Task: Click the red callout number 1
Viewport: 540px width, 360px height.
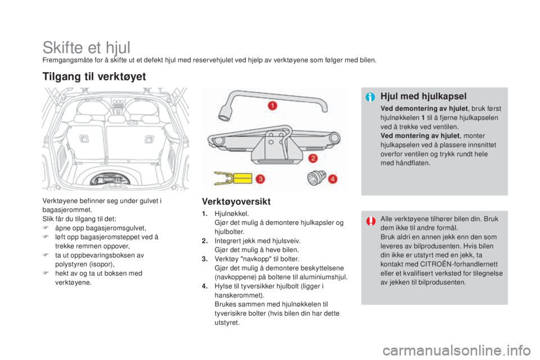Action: point(272,105)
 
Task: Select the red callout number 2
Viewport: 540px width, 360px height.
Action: point(312,158)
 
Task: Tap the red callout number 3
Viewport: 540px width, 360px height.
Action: point(259,179)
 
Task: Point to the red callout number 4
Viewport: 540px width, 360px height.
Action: point(333,179)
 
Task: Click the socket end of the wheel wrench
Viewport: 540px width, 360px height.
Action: point(228,109)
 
